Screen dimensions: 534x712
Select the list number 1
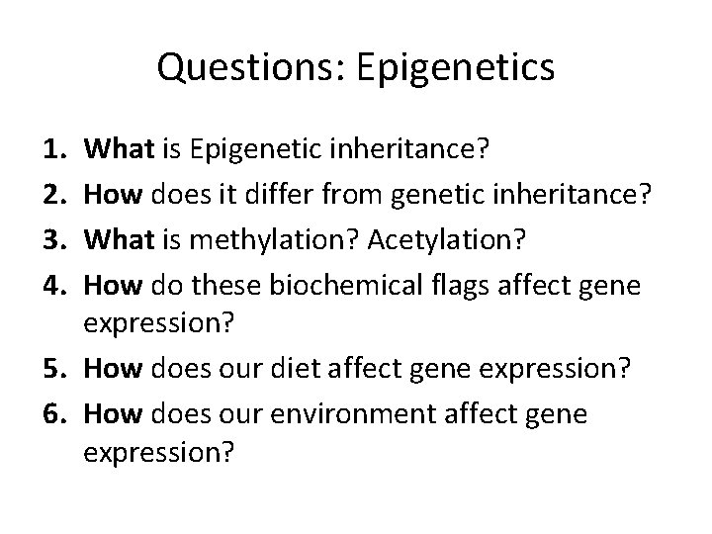pyautogui.click(x=54, y=149)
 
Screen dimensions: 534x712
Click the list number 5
pyautogui.click(x=54, y=370)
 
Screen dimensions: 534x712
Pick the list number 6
pyautogui.click(x=54, y=414)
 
